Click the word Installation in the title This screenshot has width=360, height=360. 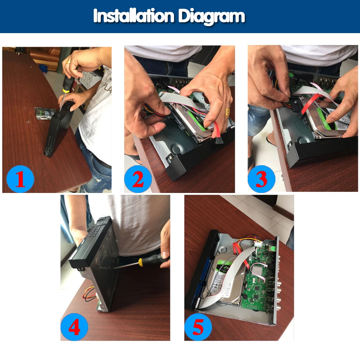tap(134, 16)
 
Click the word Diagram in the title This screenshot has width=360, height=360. tap(211, 17)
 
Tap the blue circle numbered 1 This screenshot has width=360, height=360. tap(20, 179)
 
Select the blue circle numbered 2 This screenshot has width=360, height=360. tap(138, 179)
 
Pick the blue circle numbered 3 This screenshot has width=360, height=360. tap(261, 179)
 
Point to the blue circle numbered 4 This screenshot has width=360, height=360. tap(74, 327)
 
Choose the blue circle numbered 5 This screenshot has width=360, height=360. tap(198, 327)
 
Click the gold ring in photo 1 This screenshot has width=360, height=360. tap(68, 61)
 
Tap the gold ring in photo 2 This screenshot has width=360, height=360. tap(228, 112)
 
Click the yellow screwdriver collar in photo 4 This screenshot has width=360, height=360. tap(141, 262)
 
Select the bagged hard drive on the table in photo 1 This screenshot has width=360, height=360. tap(45, 113)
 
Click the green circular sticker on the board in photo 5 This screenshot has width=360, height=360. tap(273, 248)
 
